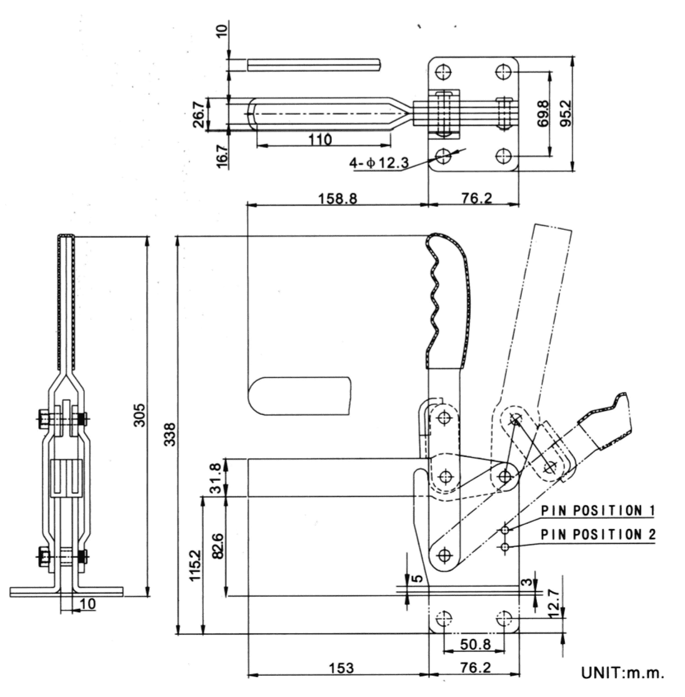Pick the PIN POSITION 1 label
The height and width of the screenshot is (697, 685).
coord(597,510)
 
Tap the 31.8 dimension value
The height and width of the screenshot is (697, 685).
coord(216,478)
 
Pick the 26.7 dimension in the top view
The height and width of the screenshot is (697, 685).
coord(197,114)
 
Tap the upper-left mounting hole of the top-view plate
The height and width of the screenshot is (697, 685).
coord(443,71)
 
